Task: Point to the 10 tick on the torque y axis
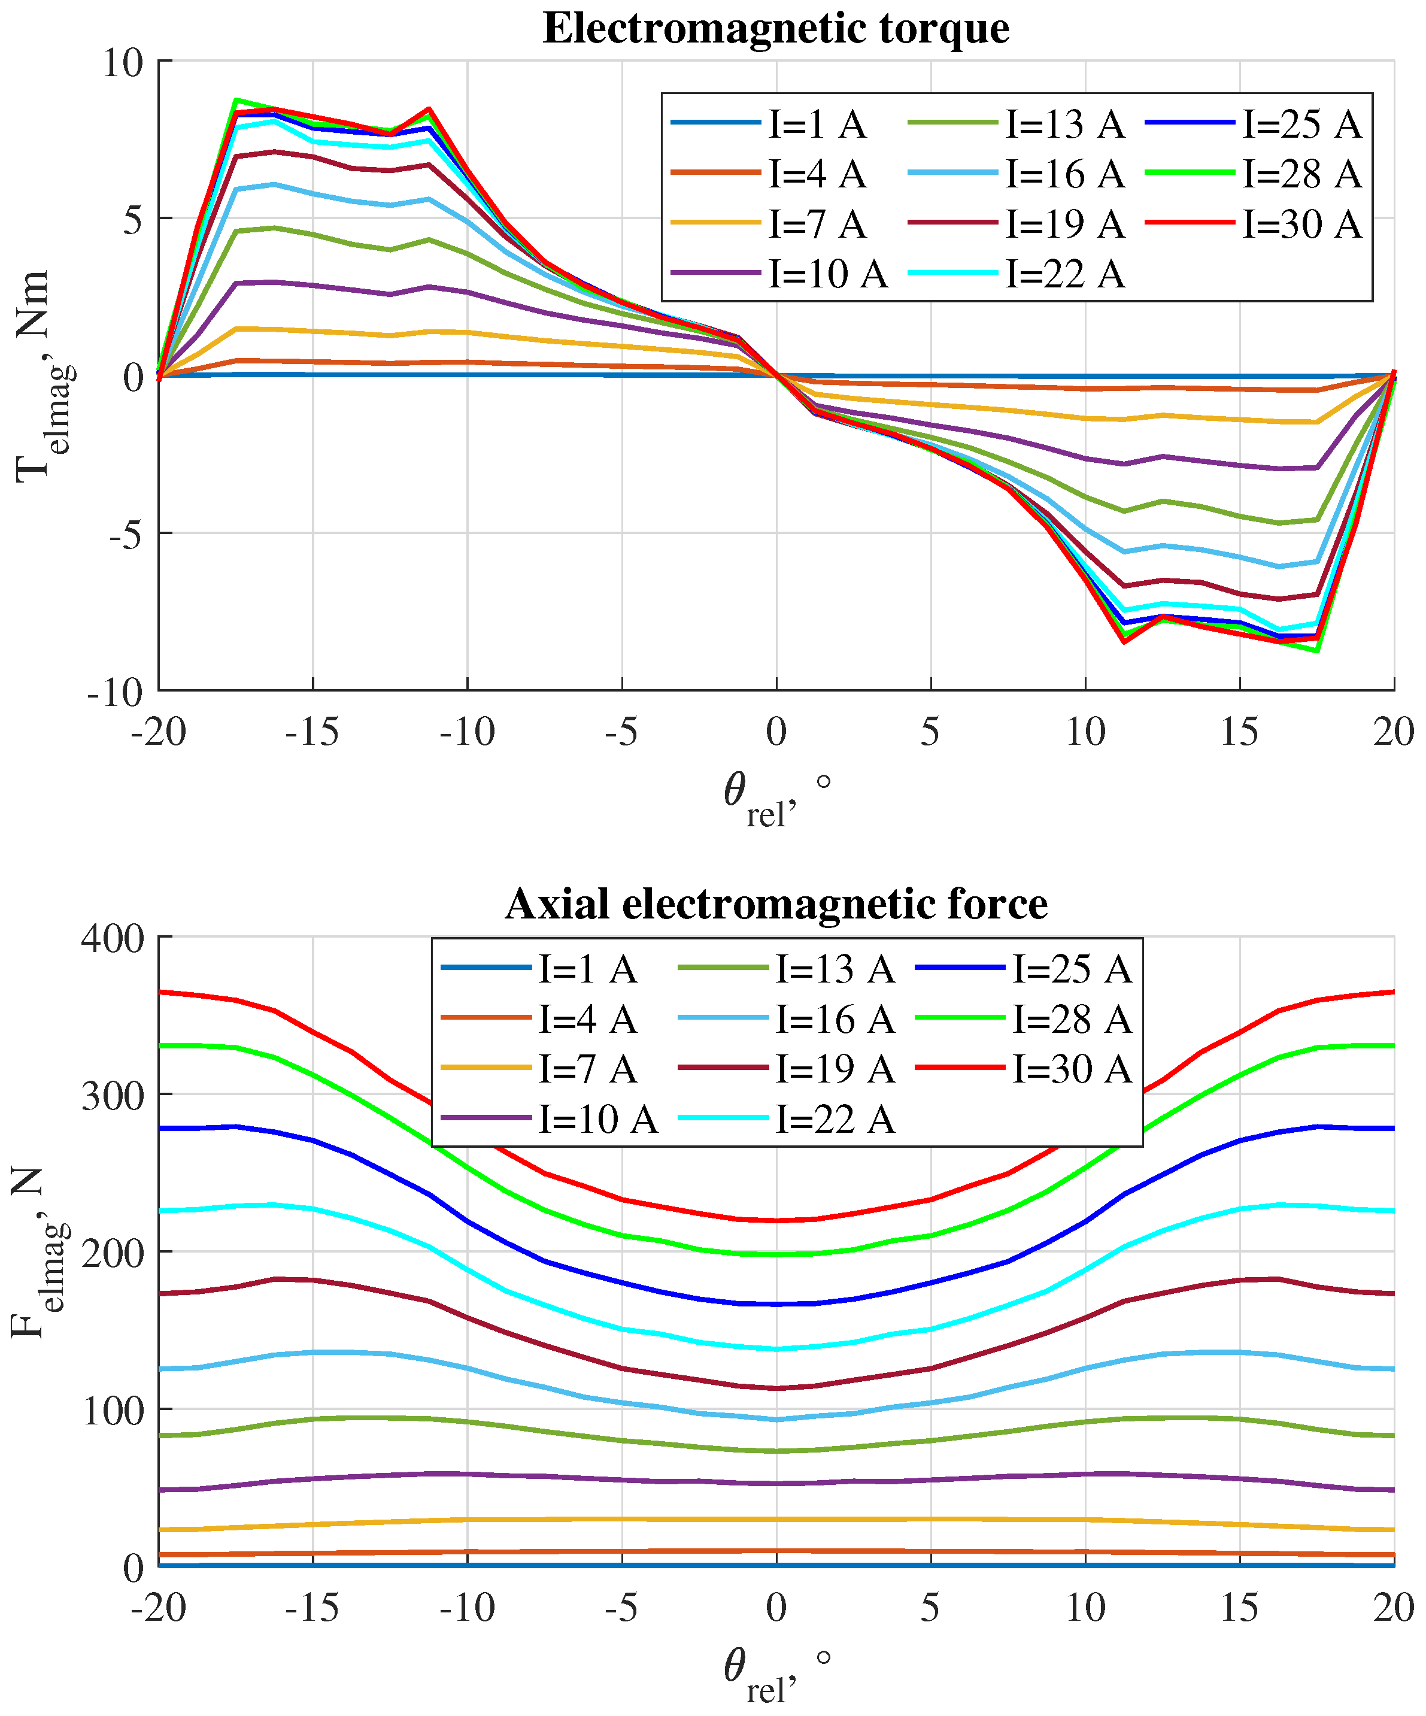coord(122,63)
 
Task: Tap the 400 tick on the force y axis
coord(112,939)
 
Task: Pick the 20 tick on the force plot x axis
coord(1393,1608)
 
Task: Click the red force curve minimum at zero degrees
coord(776,1221)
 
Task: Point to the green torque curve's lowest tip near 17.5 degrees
coord(1317,650)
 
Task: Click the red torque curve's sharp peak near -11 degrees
coord(429,109)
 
